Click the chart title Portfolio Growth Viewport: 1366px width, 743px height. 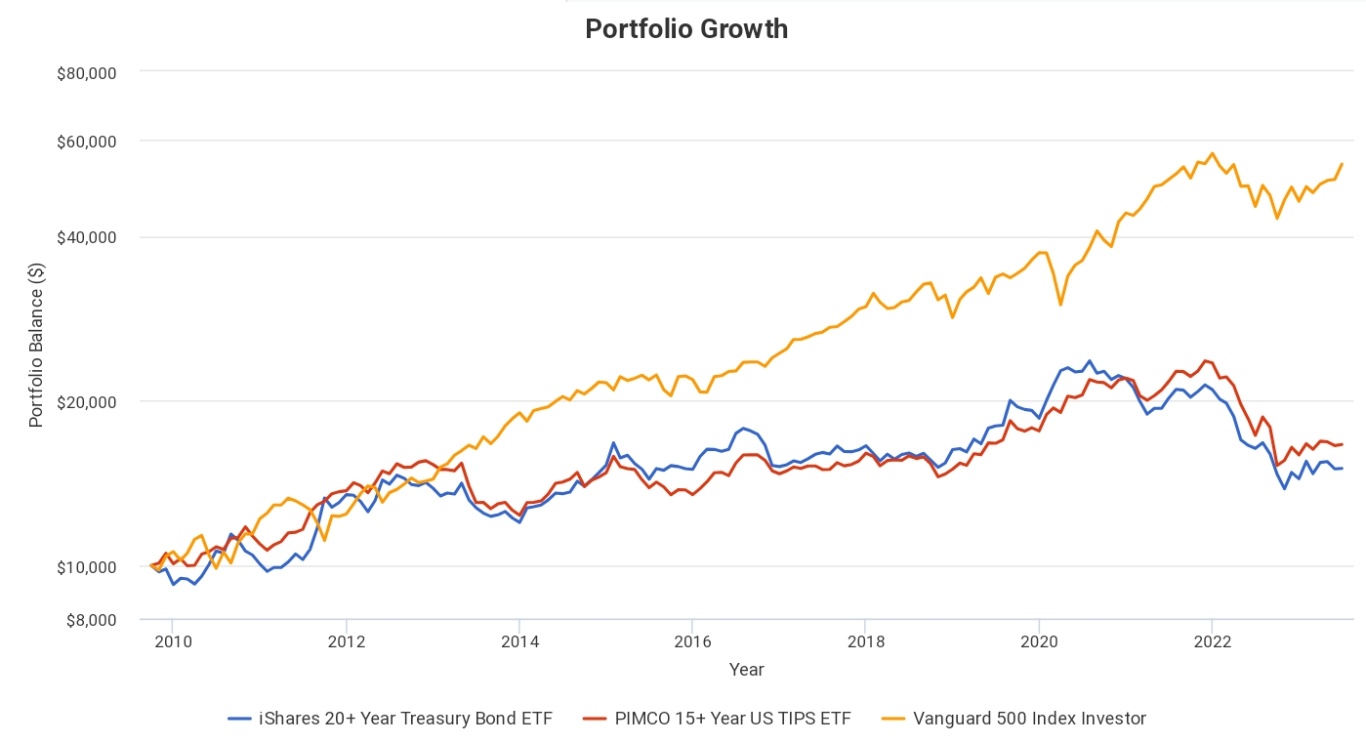coord(686,29)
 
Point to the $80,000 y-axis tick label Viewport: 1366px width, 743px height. coord(89,72)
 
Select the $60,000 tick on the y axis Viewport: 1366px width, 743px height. coord(89,141)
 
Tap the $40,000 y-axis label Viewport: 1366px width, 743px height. coord(89,237)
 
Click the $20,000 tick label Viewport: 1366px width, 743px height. coord(89,402)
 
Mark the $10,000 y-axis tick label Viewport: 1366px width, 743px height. coord(89,567)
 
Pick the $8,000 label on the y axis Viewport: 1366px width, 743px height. coord(93,619)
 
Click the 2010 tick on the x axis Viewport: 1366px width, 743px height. coord(173,641)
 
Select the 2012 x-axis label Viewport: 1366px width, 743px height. coord(346,641)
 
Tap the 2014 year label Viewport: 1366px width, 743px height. coord(519,641)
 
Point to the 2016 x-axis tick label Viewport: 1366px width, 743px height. coord(692,641)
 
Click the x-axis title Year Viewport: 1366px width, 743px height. coord(747,670)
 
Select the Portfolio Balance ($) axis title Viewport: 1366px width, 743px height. coord(36,345)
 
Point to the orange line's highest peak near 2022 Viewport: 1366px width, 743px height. coord(1212,153)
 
